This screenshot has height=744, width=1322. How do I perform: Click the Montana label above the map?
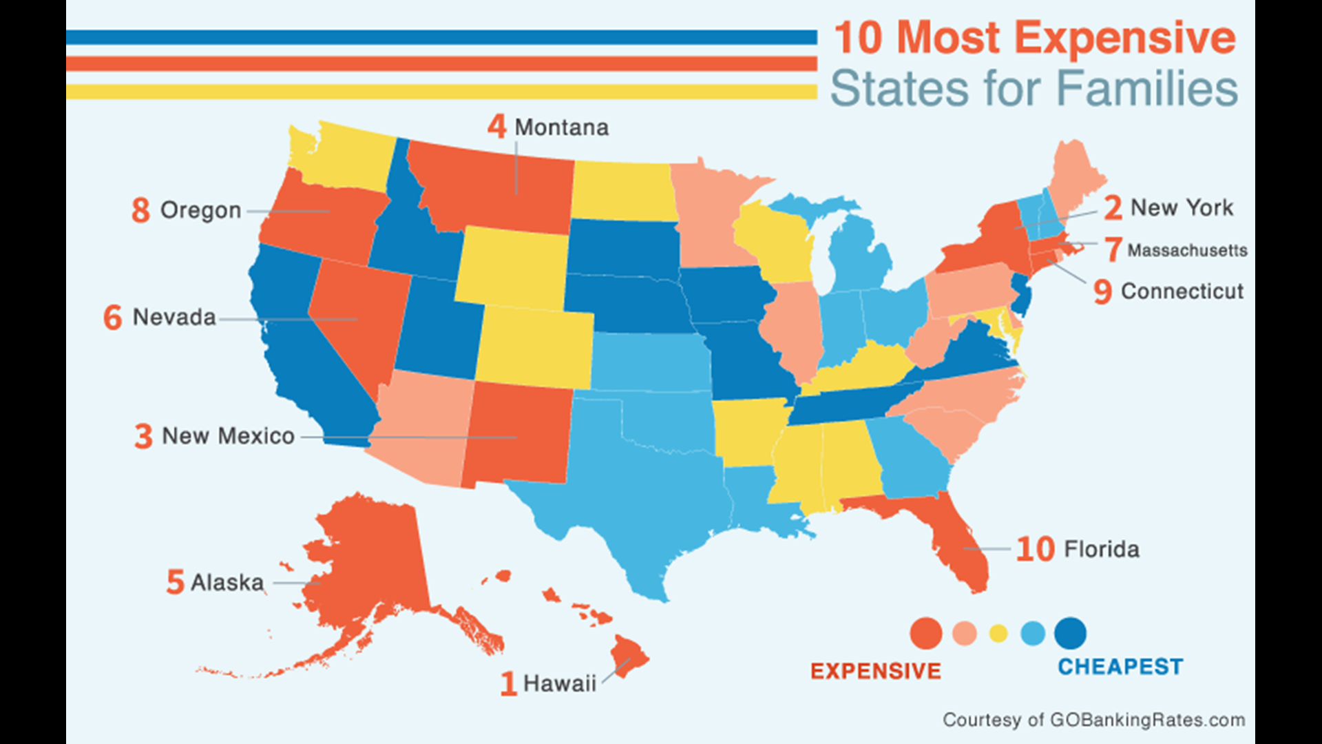(x=561, y=127)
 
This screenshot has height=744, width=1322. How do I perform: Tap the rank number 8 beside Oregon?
(x=140, y=210)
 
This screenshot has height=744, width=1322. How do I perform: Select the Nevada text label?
(x=174, y=318)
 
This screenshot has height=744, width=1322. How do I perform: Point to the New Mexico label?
(x=228, y=436)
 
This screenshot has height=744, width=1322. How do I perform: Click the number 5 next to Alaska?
(x=175, y=582)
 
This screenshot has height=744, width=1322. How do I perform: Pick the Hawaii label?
(x=559, y=683)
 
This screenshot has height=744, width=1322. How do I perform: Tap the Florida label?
(x=1102, y=549)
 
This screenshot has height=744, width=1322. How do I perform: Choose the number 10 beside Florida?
(x=1035, y=549)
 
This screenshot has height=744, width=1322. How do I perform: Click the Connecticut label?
(x=1182, y=291)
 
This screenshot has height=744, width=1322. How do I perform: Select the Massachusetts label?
(x=1187, y=250)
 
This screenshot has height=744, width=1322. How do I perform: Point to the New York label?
(x=1182, y=207)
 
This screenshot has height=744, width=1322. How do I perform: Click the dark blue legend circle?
(x=1070, y=633)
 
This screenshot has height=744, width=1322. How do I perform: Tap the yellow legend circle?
(x=998, y=633)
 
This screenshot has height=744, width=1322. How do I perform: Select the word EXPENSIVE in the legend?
(x=875, y=671)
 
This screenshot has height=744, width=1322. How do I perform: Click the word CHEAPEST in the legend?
(x=1120, y=667)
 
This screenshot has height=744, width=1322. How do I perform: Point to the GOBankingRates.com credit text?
(x=1094, y=720)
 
